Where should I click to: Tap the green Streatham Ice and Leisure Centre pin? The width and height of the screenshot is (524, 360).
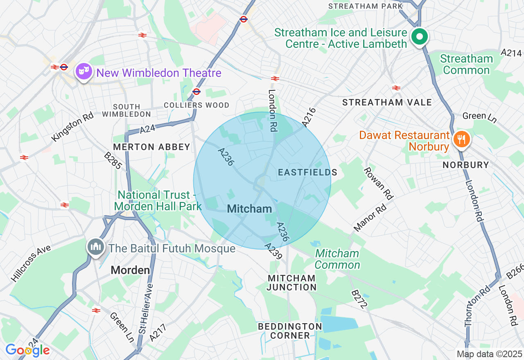click(419, 37)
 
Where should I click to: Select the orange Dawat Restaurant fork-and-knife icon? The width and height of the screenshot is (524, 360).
click(461, 139)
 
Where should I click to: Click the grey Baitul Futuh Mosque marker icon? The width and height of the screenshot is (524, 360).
click(96, 246)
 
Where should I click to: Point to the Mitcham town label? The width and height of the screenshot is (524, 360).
click(249, 209)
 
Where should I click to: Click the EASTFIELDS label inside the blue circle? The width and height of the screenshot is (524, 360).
click(307, 172)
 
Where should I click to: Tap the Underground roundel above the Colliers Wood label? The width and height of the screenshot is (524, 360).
click(196, 92)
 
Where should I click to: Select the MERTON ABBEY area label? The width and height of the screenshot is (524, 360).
click(151, 147)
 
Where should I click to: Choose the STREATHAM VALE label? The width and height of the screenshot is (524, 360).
click(387, 102)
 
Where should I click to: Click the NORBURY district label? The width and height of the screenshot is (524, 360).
click(466, 165)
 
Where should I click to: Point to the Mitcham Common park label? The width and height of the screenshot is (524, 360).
click(337, 259)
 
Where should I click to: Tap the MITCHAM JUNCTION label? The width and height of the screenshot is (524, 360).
click(291, 283)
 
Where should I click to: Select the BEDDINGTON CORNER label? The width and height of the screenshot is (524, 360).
click(290, 331)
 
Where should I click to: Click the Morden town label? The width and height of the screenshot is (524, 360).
click(130, 270)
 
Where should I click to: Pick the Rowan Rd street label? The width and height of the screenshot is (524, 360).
click(379, 183)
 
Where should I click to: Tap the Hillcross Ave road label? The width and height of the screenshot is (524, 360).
click(31, 263)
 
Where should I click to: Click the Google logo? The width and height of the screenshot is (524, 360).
click(27, 350)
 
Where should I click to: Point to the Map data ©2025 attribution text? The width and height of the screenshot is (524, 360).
click(489, 354)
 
